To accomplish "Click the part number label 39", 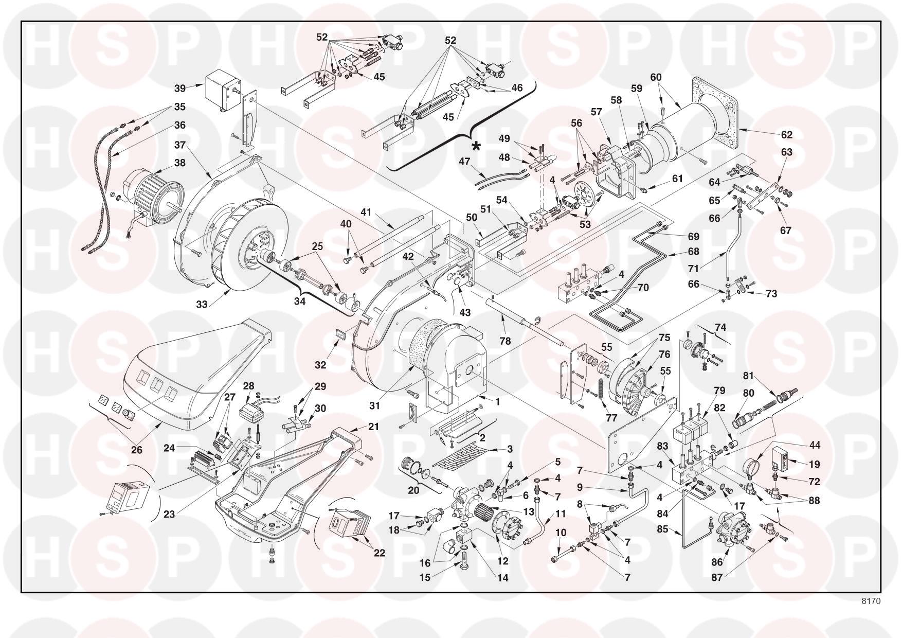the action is click(x=180, y=88).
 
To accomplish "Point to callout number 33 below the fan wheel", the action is click(x=202, y=304).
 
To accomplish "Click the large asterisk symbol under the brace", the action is click(x=476, y=147).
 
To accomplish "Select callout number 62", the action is click(x=787, y=135).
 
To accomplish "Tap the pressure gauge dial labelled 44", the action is click(x=752, y=466).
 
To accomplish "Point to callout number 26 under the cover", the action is click(x=136, y=450).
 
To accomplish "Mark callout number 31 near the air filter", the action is click(x=389, y=406).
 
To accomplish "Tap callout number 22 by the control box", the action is click(x=379, y=553).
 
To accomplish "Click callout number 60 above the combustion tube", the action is click(x=656, y=78).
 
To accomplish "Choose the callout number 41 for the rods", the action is click(x=366, y=212).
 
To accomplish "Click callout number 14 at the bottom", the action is click(x=503, y=578).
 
